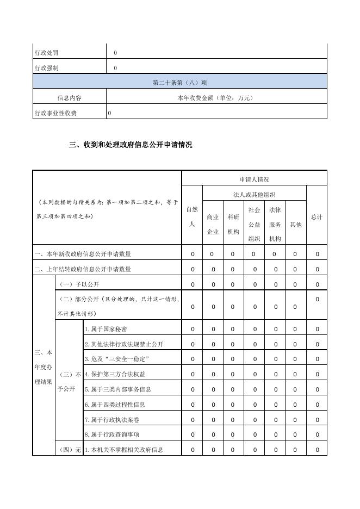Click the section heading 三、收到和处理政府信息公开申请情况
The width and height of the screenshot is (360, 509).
pos(131,145)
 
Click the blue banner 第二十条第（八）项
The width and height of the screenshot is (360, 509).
pos(180,83)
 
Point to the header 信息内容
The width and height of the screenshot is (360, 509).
pos(70,98)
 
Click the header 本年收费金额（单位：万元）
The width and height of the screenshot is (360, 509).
pos(216,98)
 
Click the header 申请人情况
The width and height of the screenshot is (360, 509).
pos(254,179)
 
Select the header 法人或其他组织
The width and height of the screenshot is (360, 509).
pos(254,194)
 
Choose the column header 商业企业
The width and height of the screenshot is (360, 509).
pos(213,224)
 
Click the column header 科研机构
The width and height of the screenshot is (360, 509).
pos(233,224)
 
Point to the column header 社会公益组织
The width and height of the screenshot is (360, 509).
pos(254,224)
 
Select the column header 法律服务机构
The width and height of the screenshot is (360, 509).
pos(275,224)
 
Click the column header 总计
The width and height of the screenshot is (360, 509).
pos(316,216)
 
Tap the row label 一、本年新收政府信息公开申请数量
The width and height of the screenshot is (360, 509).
pos(83,254)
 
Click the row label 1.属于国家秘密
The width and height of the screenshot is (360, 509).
pos(106,329)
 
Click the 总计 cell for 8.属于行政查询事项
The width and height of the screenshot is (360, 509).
pos(316,434)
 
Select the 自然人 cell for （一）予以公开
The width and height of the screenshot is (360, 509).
pos(192,284)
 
